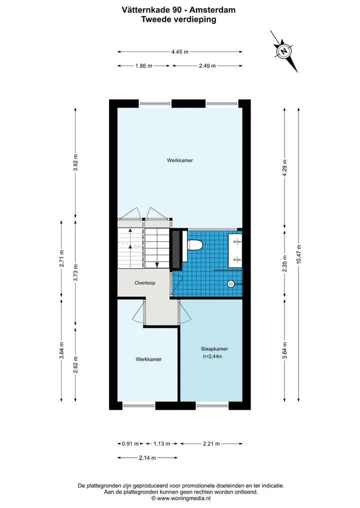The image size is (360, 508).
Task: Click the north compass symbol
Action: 284,51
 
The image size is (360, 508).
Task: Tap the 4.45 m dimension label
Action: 180,51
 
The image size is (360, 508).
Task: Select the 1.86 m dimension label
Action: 143,66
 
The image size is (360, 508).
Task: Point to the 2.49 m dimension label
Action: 207,66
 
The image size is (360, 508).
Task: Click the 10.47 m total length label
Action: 298,254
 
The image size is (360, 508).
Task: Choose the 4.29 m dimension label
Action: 285,167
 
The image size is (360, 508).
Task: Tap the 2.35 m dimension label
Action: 285,263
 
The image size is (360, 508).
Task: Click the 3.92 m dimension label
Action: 75,163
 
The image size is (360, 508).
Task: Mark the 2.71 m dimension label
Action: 61,259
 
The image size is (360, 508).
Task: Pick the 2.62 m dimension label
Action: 75,365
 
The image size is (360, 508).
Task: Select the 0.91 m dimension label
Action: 130,444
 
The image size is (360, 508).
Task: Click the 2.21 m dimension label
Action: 211,444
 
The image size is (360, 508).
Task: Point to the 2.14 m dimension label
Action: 147,458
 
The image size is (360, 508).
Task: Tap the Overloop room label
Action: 145,283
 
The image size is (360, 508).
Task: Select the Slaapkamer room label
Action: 214,349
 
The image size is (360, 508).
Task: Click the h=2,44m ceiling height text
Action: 212,356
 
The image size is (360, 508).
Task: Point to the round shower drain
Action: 231,284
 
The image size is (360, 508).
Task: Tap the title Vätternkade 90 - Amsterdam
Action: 178,10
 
